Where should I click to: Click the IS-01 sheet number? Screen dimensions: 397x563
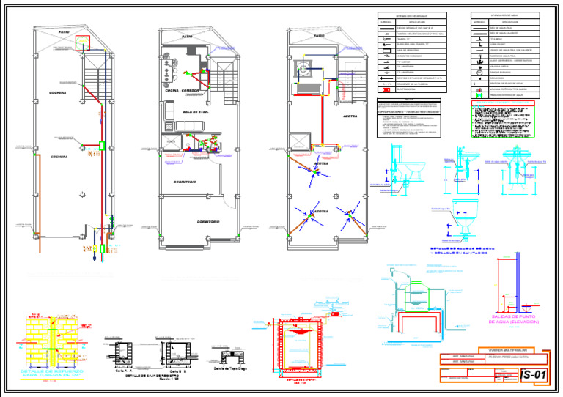(x=533, y=375)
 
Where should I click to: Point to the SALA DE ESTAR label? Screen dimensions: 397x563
(x=195, y=111)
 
